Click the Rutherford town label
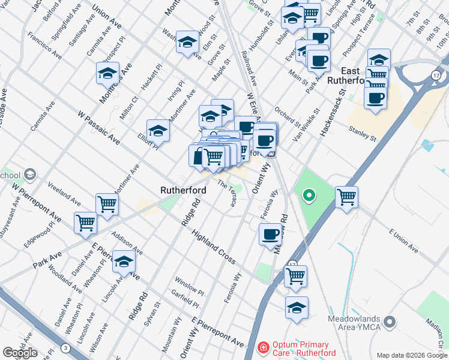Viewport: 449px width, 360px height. [184, 190]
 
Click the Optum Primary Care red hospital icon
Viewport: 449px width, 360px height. [262, 348]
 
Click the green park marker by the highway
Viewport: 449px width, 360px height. [309, 195]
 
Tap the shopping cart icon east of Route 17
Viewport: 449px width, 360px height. [346, 196]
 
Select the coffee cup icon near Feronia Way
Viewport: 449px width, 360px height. [270, 233]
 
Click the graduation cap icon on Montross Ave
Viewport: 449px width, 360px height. [107, 73]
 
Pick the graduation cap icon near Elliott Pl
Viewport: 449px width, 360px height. [158, 130]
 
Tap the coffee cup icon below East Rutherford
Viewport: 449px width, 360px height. [376, 98]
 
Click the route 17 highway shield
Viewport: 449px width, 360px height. [435, 74]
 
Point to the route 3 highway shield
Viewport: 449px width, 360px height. [65, 348]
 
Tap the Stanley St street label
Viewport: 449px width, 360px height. [364, 134]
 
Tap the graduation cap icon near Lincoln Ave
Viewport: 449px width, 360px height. [124, 262]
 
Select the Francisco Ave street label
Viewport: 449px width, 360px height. [44, 47]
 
